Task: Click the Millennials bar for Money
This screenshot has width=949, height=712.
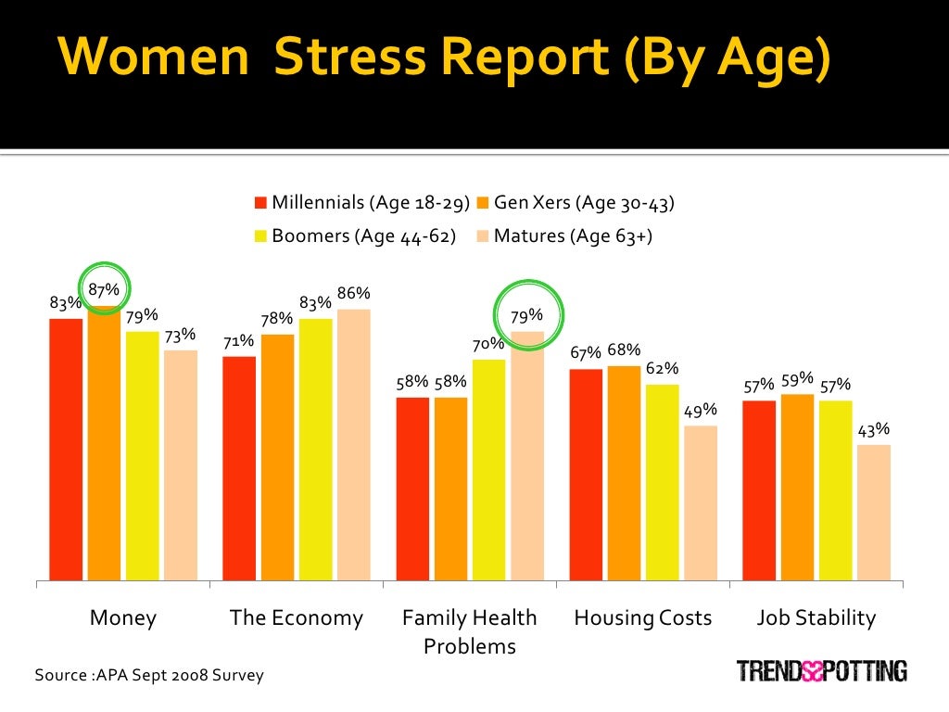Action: [x=66, y=450]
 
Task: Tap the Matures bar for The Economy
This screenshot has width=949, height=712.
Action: [x=353, y=445]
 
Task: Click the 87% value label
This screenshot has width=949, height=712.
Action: [x=104, y=290]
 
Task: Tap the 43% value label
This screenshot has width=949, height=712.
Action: [x=874, y=429]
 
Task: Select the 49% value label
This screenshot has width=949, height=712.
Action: [x=701, y=410]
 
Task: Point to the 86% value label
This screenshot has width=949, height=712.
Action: [x=353, y=294]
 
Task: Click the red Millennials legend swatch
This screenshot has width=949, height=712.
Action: [x=261, y=203]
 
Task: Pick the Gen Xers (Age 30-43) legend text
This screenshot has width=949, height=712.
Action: [x=584, y=203]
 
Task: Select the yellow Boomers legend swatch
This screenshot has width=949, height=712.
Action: [x=261, y=236]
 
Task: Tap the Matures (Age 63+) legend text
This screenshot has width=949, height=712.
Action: [x=573, y=236]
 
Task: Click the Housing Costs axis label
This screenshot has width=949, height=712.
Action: [x=643, y=617]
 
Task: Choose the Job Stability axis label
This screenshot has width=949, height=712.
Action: [x=816, y=617]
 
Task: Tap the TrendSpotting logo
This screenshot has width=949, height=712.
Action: [x=821, y=669]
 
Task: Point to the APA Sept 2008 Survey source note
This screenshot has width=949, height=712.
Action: [x=149, y=675]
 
